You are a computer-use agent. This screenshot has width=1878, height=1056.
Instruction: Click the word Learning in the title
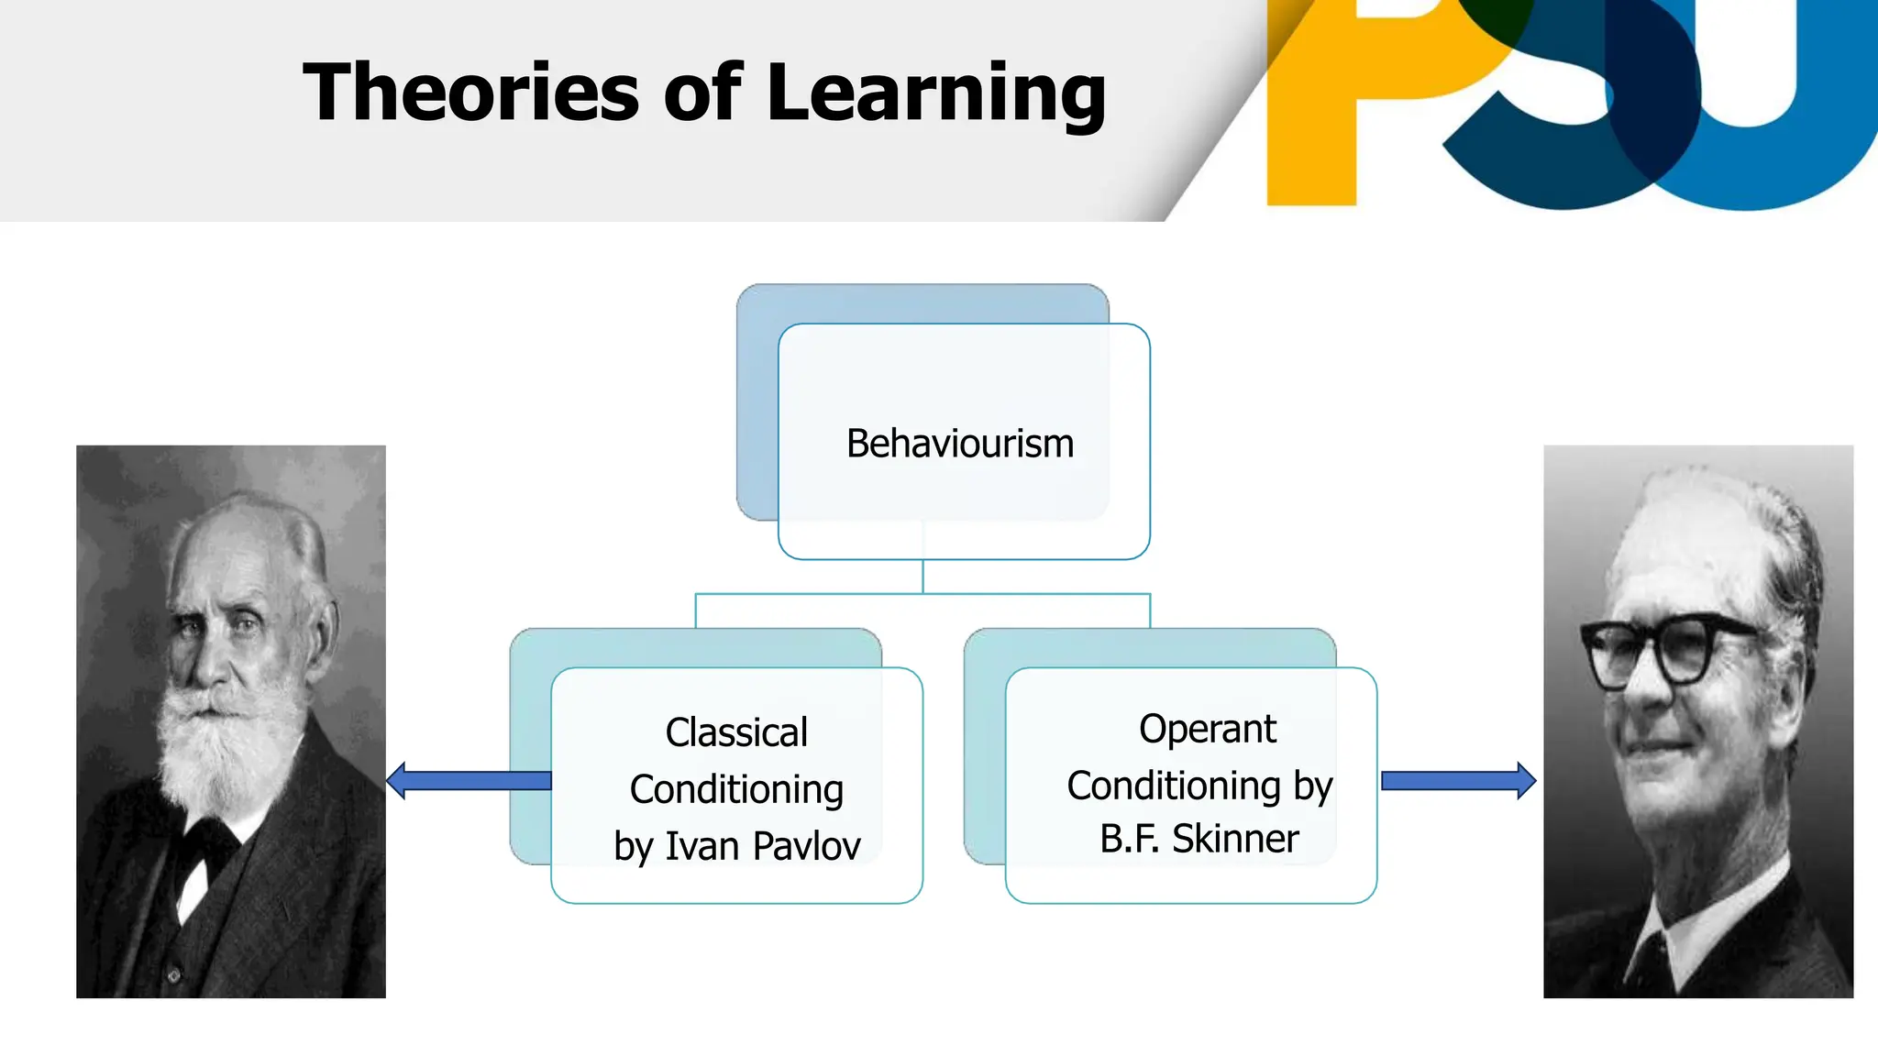[x=936, y=93]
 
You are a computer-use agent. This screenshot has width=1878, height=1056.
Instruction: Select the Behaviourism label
[x=959, y=444]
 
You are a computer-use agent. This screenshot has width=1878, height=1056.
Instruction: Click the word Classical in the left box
[x=736, y=732]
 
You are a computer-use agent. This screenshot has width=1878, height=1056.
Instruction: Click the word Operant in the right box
[x=1207, y=729]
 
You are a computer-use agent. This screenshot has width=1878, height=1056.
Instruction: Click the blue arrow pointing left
[x=468, y=780]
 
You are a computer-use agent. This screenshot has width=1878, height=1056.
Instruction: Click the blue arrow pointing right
[x=1458, y=780]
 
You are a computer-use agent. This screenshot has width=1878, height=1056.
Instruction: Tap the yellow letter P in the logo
[x=1330, y=92]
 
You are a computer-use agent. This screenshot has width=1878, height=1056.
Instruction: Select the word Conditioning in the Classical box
[x=736, y=789]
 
